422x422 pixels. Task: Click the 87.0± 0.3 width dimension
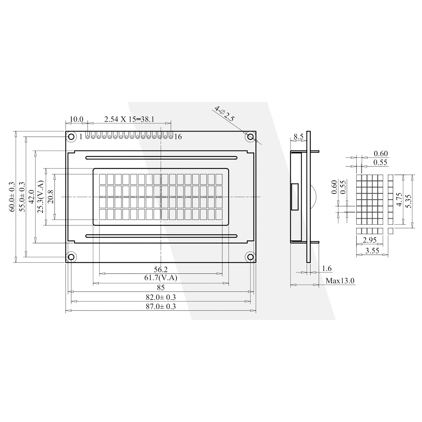(x=161, y=306)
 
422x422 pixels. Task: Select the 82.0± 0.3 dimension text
(x=161, y=297)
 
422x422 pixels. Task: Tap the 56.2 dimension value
(x=160, y=269)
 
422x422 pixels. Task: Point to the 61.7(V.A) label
(x=160, y=278)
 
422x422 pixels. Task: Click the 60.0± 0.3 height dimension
(x=12, y=197)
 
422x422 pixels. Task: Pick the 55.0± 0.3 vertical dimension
(x=22, y=197)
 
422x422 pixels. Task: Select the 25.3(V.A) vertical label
(x=40, y=197)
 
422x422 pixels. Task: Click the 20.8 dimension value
(x=51, y=197)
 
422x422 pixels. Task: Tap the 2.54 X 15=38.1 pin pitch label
(x=129, y=119)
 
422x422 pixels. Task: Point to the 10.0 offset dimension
(x=76, y=119)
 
